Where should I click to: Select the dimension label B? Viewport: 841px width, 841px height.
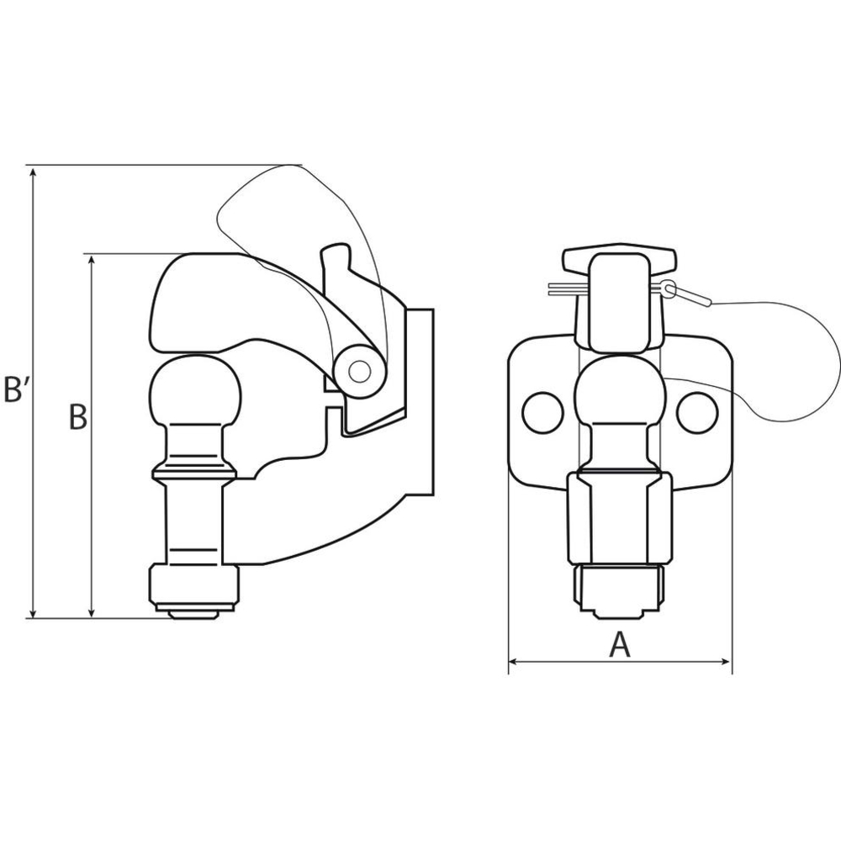click(77, 417)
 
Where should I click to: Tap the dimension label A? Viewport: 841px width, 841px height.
click(620, 644)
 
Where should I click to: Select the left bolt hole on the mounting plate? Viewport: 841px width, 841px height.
click(542, 412)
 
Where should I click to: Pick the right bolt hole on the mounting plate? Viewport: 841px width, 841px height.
click(697, 412)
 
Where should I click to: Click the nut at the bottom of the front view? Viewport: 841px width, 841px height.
click(620, 589)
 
